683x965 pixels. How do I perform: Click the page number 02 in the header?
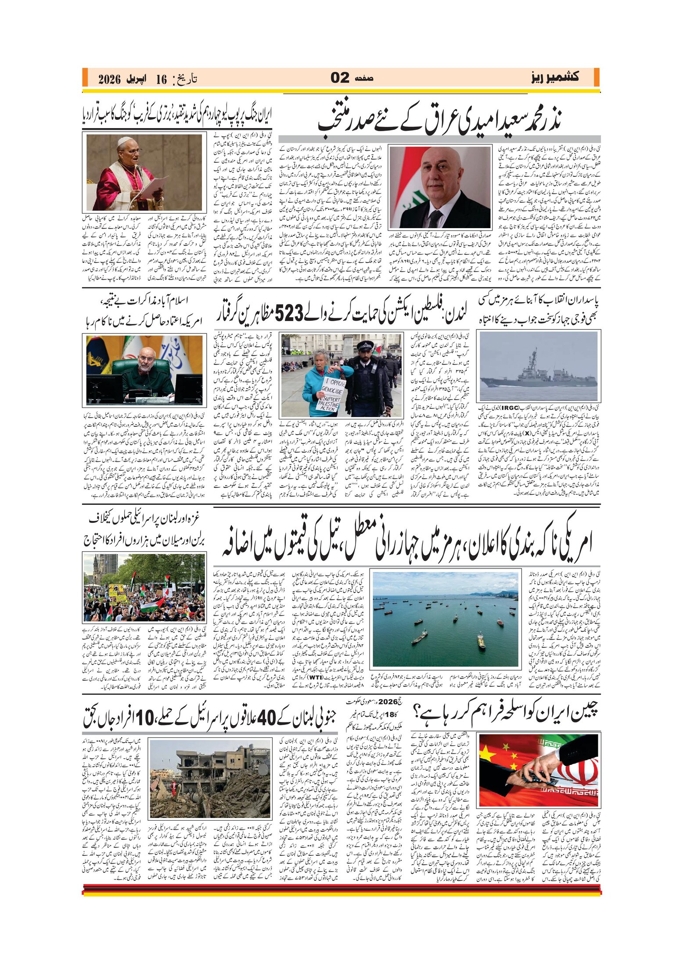[340, 78]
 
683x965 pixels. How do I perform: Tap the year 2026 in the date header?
[109, 79]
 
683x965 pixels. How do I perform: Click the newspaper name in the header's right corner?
[554, 78]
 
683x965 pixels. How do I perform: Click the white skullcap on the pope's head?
[125, 140]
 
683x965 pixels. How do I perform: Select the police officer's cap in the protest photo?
[365, 345]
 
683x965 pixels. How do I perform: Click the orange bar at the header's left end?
[84, 78]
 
